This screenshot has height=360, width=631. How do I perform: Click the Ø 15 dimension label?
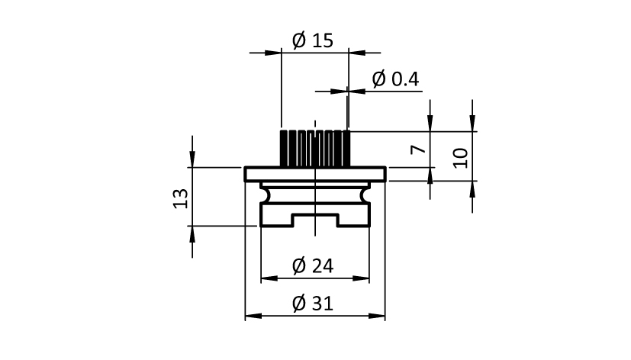[x=313, y=40]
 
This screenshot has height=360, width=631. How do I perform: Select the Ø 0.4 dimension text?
[x=395, y=79]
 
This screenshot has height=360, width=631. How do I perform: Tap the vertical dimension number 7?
[x=418, y=149]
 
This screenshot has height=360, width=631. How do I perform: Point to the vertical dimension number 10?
[x=460, y=158]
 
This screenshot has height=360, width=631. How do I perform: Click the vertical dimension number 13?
[x=181, y=198]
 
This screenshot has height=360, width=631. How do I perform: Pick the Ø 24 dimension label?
[x=313, y=266]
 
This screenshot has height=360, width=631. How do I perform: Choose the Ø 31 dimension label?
[x=313, y=304]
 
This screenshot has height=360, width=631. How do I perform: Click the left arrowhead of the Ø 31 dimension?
[x=253, y=317]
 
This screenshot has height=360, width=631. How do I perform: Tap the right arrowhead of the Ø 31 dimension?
[x=377, y=317]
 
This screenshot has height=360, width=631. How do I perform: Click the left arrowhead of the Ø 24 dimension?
[x=269, y=278]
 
